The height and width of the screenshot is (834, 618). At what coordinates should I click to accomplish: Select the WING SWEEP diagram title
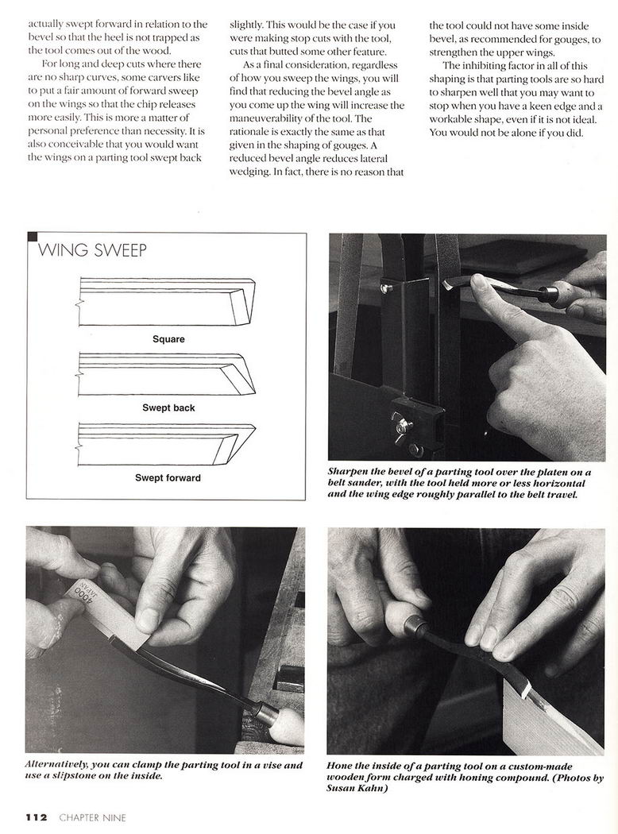(92, 251)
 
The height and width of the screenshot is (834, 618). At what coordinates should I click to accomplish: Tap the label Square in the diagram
(168, 339)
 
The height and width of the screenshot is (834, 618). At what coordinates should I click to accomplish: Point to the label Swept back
(168, 408)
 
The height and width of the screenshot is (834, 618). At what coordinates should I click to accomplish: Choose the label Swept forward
(168, 478)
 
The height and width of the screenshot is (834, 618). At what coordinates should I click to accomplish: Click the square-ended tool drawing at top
(167, 302)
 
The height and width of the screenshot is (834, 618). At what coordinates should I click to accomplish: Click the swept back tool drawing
(167, 374)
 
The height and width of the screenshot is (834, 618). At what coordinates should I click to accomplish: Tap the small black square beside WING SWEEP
(32, 237)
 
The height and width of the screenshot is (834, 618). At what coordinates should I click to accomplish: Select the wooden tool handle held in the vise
(278, 719)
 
